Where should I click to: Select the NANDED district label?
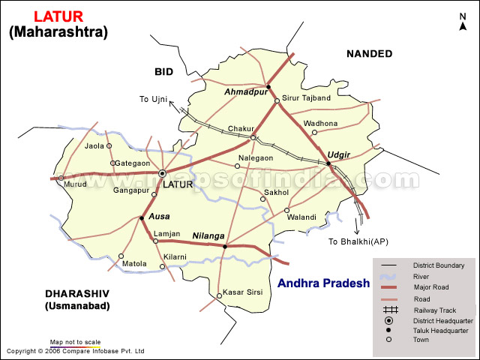(369, 53)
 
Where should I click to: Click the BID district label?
(164, 71)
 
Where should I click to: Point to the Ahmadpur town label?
(244, 91)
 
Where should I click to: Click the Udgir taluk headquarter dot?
(328, 163)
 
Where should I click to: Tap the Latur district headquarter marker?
(162, 173)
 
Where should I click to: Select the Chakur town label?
(241, 129)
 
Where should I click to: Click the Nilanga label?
(208, 235)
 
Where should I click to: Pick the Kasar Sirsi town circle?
(219, 295)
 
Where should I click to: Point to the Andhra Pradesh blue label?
(323, 283)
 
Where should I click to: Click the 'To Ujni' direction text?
(154, 99)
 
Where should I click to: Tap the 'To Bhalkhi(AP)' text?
(358, 241)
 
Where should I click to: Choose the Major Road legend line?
(389, 287)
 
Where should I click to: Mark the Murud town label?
(75, 184)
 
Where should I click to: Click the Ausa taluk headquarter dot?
(141, 218)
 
